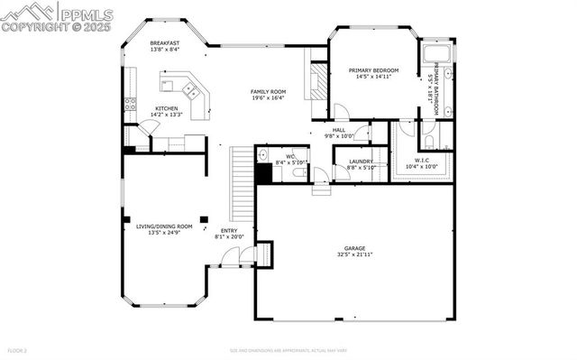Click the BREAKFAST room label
(x=166, y=42)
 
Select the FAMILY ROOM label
(x=268, y=92)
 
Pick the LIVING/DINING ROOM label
(x=158, y=226)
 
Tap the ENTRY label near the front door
(x=229, y=230)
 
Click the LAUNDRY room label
(x=348, y=162)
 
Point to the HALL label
(x=339, y=130)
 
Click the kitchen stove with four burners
(x=131, y=103)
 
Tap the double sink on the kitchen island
(x=190, y=91)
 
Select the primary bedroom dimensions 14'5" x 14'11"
(x=375, y=77)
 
